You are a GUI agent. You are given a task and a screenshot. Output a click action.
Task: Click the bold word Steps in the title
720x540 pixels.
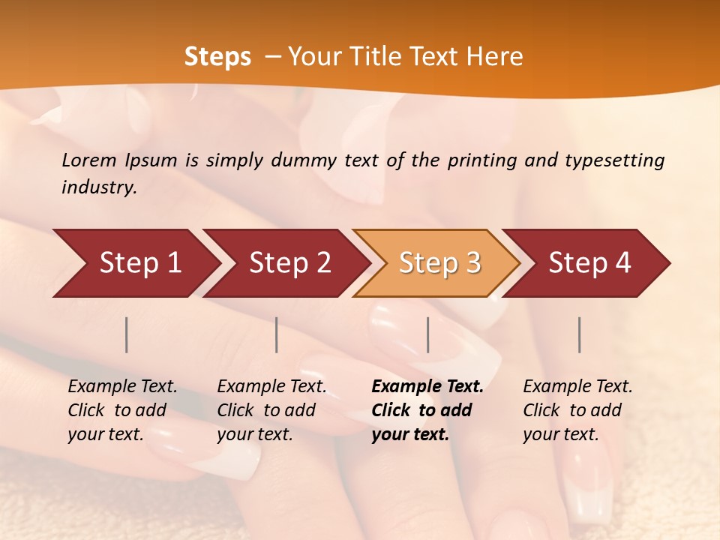point(217,57)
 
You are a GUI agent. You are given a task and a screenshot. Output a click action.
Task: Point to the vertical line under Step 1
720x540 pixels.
point(127,334)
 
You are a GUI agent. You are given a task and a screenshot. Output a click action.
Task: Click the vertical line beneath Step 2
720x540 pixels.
point(277,334)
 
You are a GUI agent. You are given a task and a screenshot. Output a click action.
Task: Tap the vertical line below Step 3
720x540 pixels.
point(428,334)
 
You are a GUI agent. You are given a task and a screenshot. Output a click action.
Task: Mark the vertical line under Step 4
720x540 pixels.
point(580,334)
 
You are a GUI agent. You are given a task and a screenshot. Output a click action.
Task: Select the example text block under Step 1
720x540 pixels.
point(122,410)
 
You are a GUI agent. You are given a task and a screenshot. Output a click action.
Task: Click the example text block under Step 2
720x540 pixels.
point(271,410)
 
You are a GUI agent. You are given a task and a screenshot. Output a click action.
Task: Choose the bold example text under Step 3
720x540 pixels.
point(427,410)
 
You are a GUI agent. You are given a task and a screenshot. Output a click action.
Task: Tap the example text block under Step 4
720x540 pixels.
point(577,410)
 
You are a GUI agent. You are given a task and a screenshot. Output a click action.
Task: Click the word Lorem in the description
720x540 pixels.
point(89,160)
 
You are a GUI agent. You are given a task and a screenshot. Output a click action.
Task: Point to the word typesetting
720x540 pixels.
point(614,160)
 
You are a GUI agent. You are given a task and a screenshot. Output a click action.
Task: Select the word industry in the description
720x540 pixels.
point(98,187)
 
